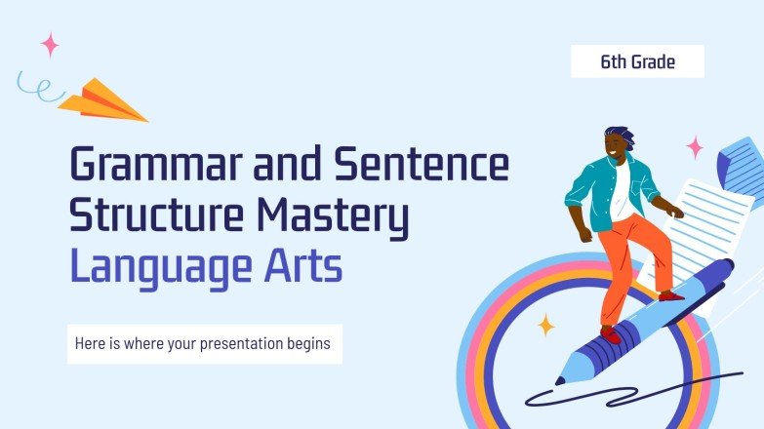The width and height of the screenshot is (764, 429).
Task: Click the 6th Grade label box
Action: (x=637, y=62)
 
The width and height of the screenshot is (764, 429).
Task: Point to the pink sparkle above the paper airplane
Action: (x=50, y=44)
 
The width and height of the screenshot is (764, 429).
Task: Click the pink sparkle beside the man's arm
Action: (x=695, y=147)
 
